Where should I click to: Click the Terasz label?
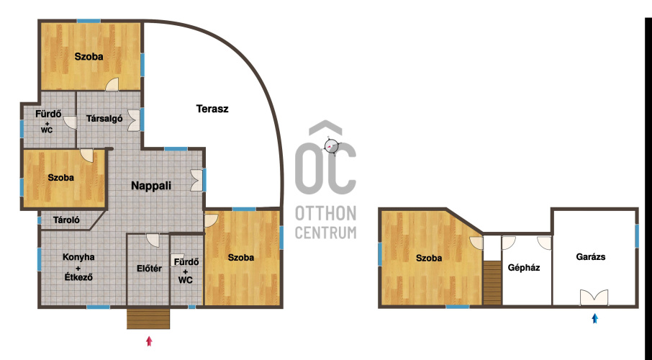point(212,109)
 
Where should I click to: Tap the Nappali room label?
point(151,186)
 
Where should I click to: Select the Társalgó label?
point(104,119)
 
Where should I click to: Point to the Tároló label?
point(66,220)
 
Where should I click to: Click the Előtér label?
point(149,269)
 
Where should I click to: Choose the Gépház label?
point(524,268)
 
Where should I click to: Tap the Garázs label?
point(590,257)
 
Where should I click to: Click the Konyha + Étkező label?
point(78,267)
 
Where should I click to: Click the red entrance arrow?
point(149,341)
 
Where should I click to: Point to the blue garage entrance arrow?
point(594,318)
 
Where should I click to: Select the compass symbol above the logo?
point(332,145)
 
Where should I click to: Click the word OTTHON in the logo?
point(325,214)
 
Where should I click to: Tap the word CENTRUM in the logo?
point(325,233)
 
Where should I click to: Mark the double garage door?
point(594,298)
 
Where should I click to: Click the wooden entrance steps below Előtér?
point(148,318)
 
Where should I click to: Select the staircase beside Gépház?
point(492,283)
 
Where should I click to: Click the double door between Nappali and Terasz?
point(197,180)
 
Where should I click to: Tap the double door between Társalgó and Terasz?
point(135,120)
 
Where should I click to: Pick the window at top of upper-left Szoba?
point(89,21)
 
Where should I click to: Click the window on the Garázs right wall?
point(637,236)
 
